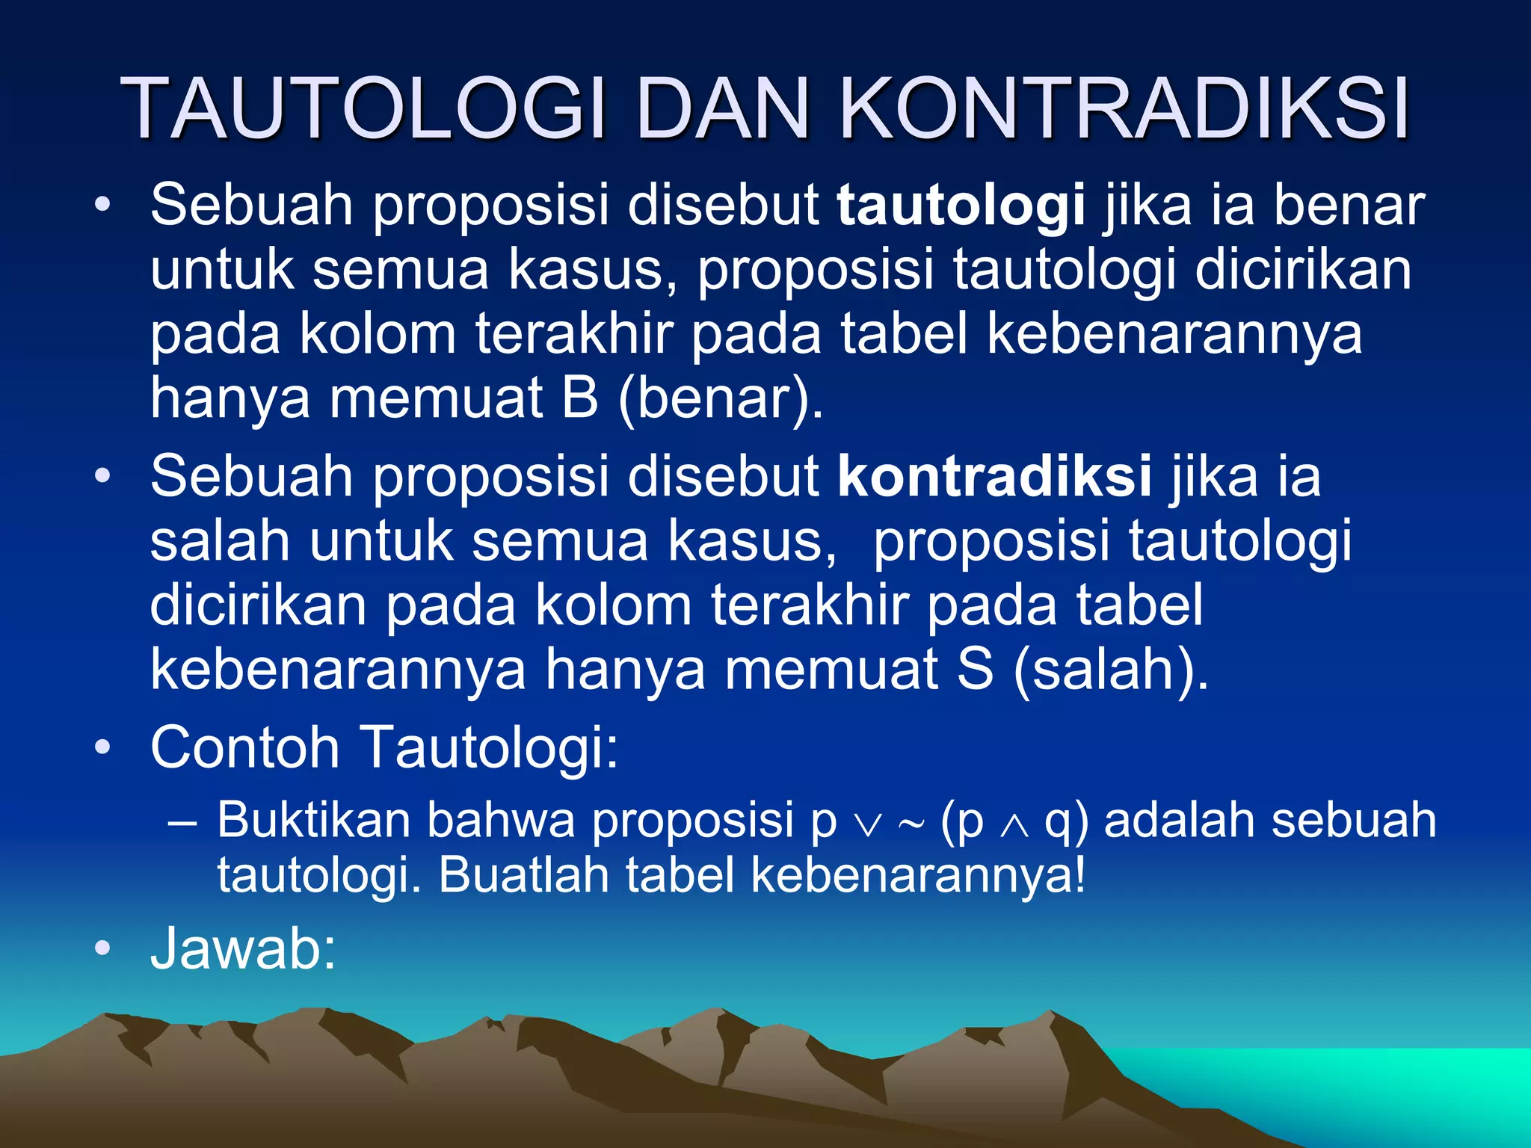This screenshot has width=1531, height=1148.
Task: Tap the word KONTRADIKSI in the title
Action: coord(1124,108)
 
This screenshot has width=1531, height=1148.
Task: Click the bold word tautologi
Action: coord(961,206)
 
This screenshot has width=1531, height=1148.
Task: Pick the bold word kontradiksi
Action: coord(994,477)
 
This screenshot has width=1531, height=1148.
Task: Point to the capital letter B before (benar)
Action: coord(580,398)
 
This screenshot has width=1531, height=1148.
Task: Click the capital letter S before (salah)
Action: coord(975,668)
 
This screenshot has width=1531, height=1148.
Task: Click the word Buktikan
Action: coord(313,820)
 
